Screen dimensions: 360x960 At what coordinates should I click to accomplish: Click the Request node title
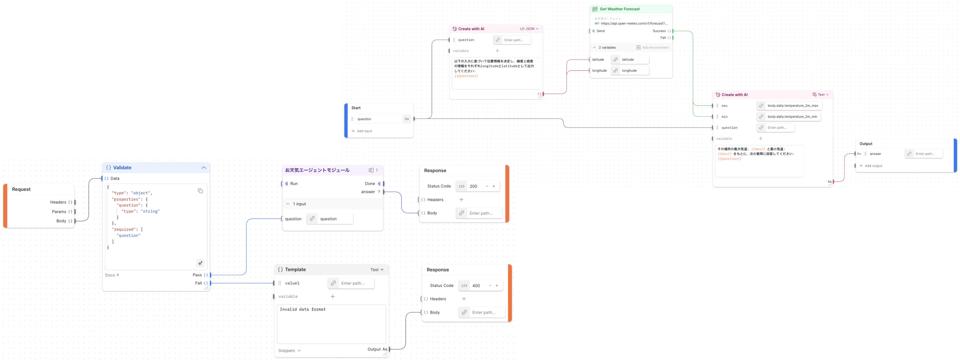tap(21, 189)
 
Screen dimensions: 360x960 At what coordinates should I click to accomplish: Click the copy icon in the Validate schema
tap(200, 191)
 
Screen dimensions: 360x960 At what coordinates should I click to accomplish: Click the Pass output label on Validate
tap(197, 275)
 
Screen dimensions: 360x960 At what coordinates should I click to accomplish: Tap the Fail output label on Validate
tap(198, 283)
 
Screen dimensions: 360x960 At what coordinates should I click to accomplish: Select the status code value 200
tap(473, 186)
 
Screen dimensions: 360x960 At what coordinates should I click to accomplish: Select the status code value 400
tap(476, 286)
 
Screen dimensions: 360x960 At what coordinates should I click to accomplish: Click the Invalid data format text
tap(303, 309)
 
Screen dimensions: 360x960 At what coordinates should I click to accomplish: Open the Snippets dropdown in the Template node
tap(289, 351)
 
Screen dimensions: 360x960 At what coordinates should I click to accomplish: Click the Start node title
tap(356, 108)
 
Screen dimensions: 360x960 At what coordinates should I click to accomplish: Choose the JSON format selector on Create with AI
tap(529, 29)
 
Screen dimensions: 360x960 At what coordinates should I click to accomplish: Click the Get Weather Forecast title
tap(619, 9)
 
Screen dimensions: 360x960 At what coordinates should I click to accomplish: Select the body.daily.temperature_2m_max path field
tap(792, 106)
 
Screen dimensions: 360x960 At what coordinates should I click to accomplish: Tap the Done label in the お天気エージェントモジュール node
tap(370, 184)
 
